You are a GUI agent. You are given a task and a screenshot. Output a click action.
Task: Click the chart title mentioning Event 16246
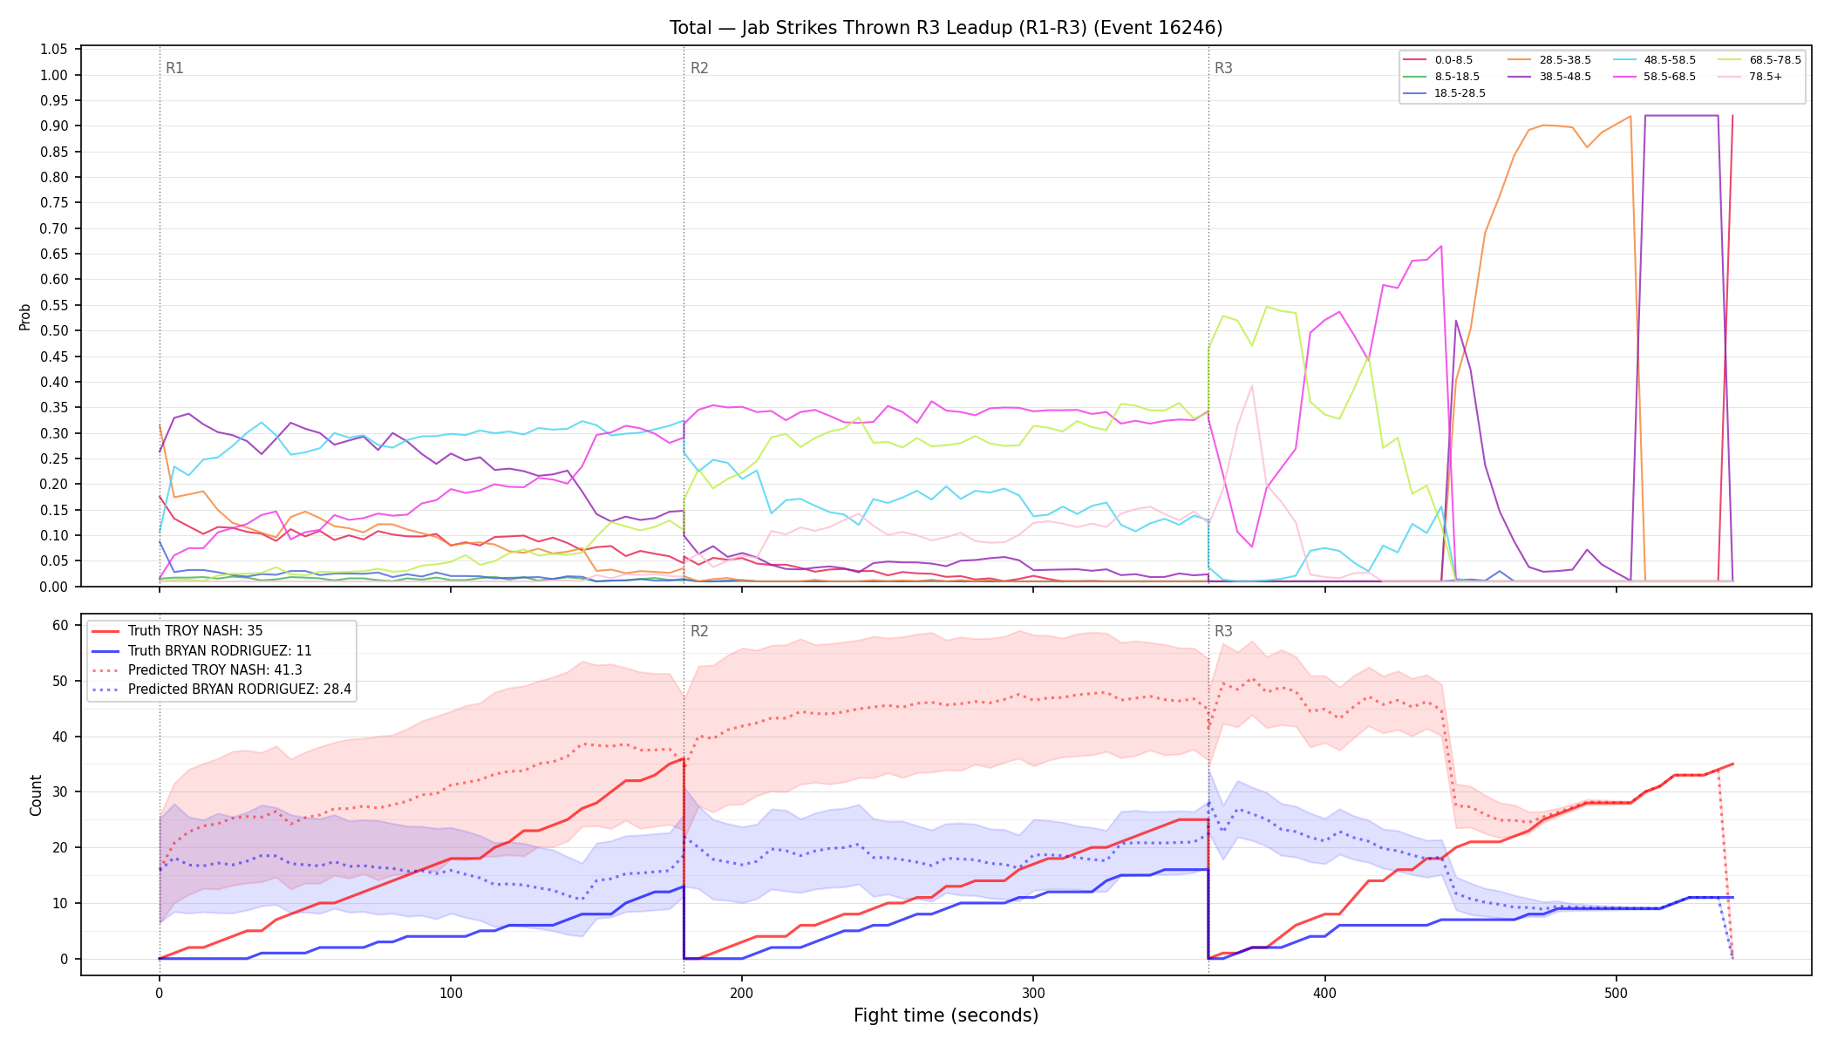(946, 28)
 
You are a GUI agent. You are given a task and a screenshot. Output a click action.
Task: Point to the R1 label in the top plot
(174, 68)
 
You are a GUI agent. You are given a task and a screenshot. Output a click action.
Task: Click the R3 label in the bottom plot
(1223, 631)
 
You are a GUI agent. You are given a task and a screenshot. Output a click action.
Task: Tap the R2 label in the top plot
(699, 68)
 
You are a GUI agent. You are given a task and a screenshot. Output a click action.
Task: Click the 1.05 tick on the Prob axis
(54, 49)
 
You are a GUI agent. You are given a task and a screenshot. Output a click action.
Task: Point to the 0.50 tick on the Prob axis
(54, 330)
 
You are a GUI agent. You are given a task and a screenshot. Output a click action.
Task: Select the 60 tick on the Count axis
(60, 625)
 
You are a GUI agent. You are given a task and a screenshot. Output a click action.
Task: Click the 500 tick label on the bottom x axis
(1616, 994)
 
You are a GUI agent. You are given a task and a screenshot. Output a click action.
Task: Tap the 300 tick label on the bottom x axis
(1033, 994)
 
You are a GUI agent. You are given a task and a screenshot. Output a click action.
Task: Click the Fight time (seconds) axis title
(946, 1015)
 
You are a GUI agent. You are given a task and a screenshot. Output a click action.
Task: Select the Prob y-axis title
(25, 316)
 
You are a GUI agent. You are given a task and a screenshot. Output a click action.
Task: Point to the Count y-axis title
(36, 795)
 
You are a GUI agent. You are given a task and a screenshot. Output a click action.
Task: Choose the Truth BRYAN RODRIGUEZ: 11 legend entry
(220, 651)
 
